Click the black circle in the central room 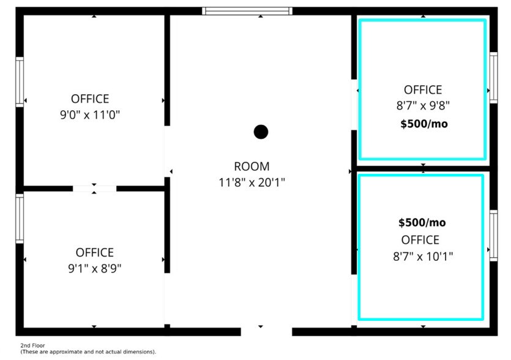(x=261, y=132)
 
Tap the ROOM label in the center (x=252, y=167)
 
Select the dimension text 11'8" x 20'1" (x=252, y=182)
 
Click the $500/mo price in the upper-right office (x=423, y=124)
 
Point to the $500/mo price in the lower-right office (x=422, y=222)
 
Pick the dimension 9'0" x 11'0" (x=90, y=114)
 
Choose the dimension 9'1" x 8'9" (x=94, y=268)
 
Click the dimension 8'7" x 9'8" (x=423, y=105)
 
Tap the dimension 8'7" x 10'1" (x=423, y=256)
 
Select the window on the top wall (x=247, y=11)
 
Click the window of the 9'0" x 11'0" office (x=20, y=81)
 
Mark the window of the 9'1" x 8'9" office (x=20, y=219)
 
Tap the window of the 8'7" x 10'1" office (x=493, y=236)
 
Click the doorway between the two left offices (x=94, y=189)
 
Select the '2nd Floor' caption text (x=32, y=346)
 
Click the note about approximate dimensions (x=88, y=352)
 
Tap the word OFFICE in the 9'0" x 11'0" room (x=90, y=99)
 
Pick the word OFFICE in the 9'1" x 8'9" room (x=94, y=252)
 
